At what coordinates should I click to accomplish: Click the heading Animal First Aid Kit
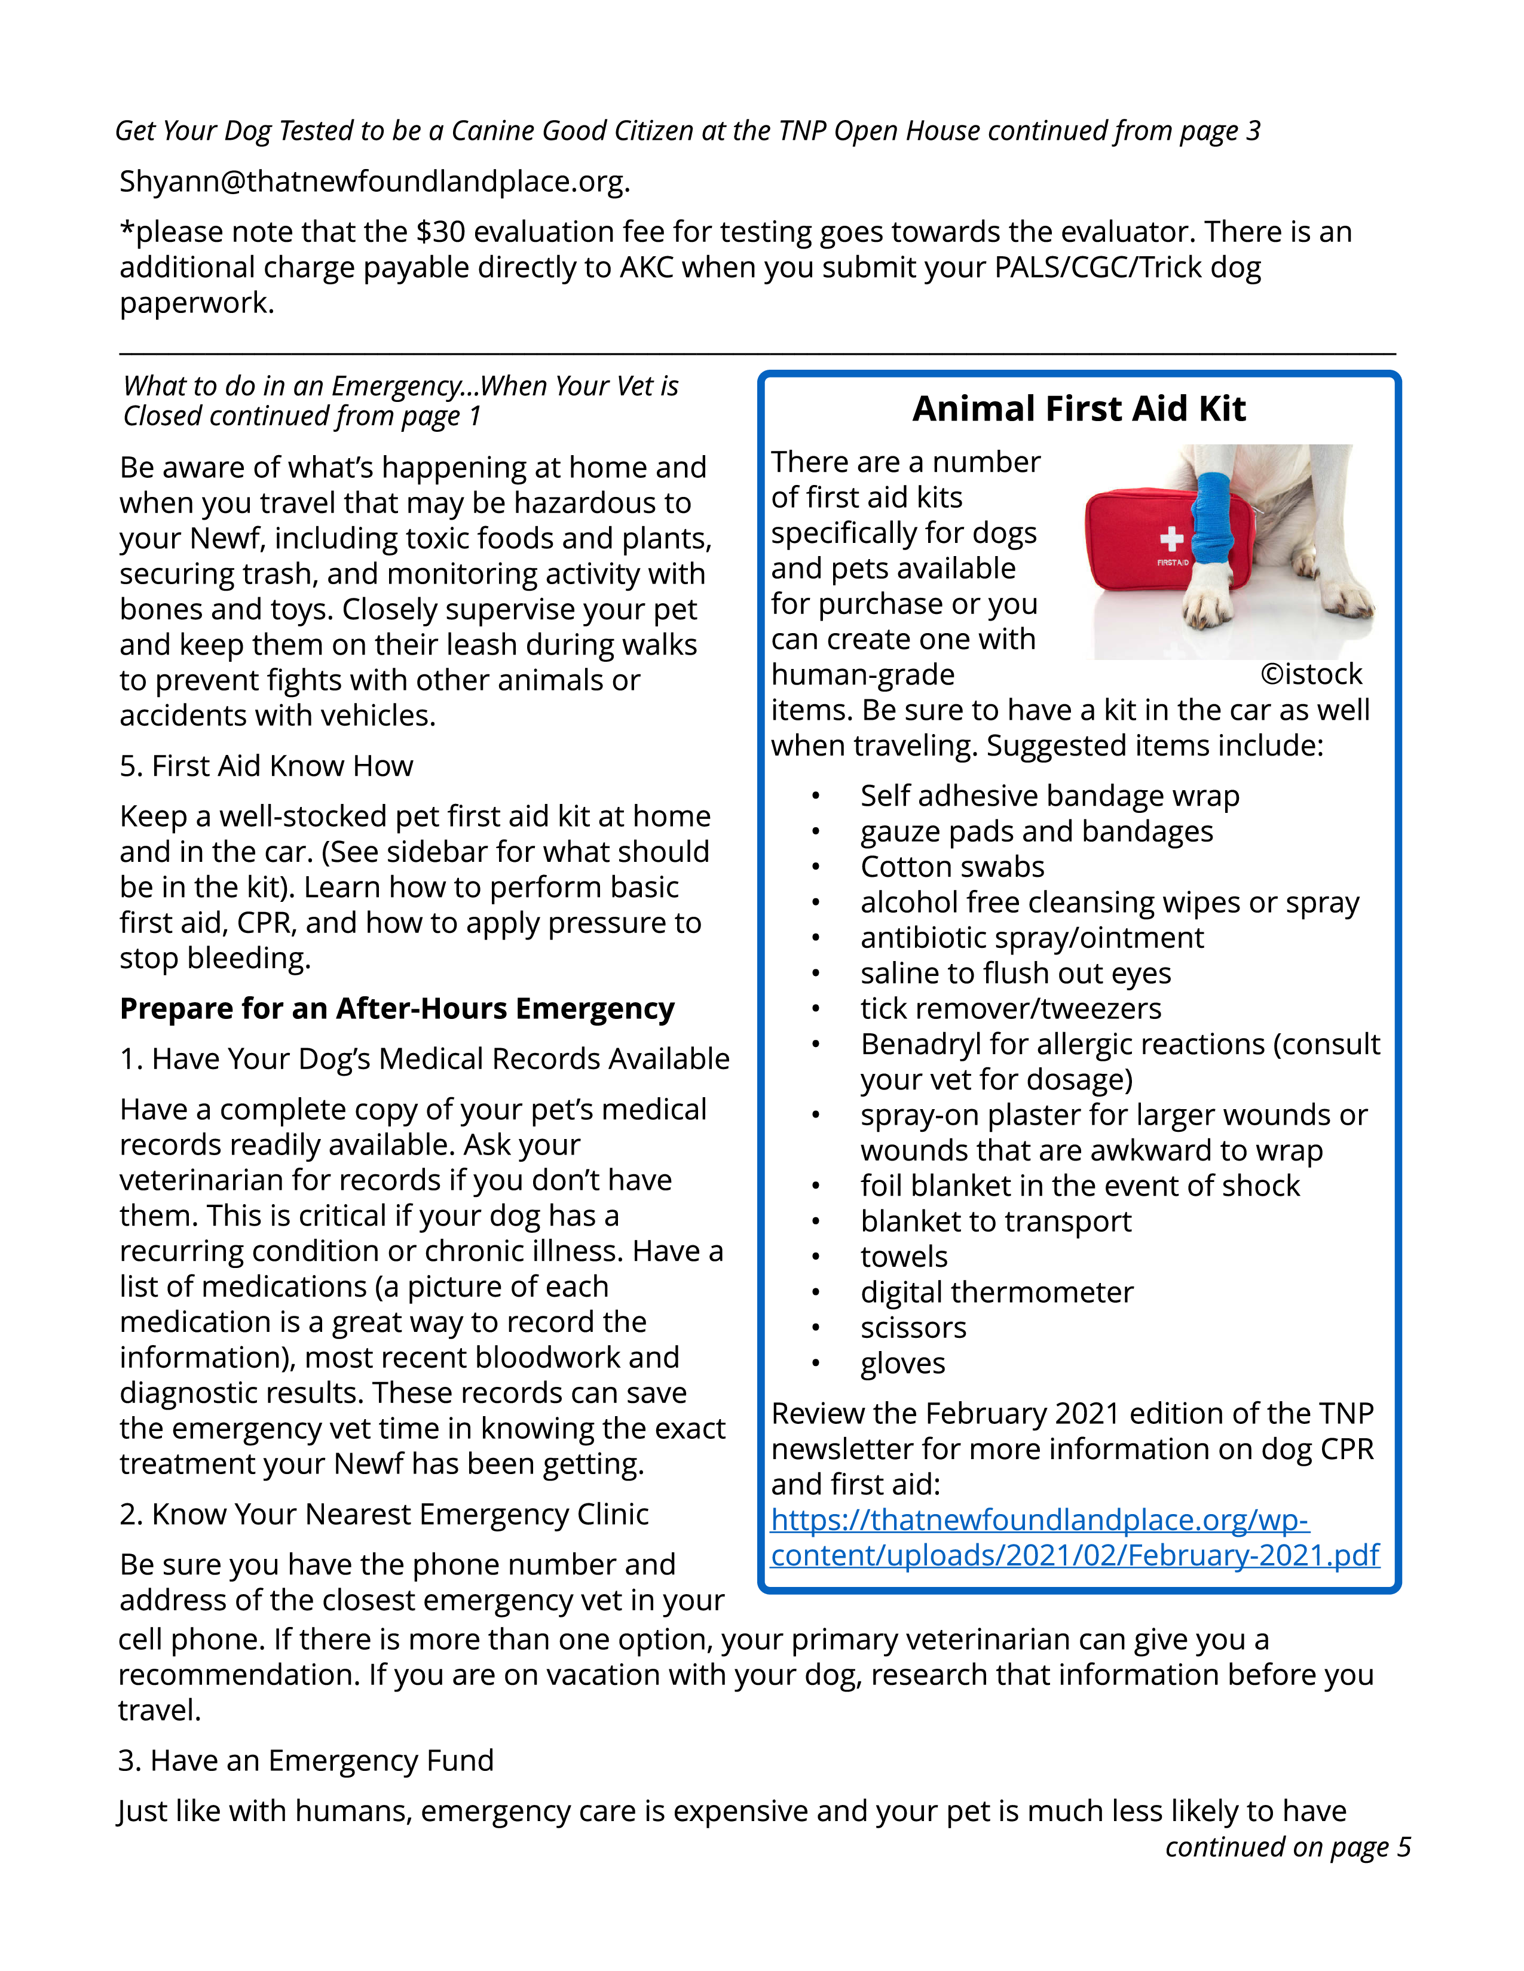tap(1078, 409)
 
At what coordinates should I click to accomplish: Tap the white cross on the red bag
tap(1171, 539)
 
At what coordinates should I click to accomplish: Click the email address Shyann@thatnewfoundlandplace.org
tap(373, 182)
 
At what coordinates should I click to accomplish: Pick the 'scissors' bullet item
tap(913, 1328)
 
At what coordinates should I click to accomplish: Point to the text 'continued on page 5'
tap(1287, 1847)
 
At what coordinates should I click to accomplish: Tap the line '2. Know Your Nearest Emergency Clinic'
tap(384, 1513)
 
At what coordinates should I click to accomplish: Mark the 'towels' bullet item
tap(903, 1257)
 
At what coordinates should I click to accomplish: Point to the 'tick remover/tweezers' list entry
tap(1010, 1008)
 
